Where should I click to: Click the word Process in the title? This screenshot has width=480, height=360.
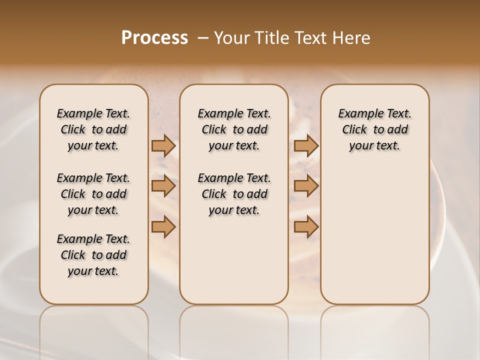pyautogui.click(x=154, y=38)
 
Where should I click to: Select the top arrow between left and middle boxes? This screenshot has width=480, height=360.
pyautogui.click(x=163, y=146)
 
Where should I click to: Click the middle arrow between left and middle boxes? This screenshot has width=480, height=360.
pyautogui.click(x=163, y=186)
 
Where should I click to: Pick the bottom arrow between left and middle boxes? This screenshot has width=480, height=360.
pyautogui.click(x=163, y=227)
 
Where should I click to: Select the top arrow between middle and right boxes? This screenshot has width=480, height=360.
pyautogui.click(x=306, y=146)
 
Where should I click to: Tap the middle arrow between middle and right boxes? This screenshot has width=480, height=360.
pyautogui.click(x=306, y=186)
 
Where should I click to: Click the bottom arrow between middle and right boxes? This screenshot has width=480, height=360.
pyautogui.click(x=306, y=227)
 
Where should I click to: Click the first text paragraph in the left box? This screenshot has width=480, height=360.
pyautogui.click(x=93, y=129)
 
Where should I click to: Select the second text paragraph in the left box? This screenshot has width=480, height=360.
pyautogui.click(x=93, y=194)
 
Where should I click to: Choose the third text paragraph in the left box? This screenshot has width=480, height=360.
pyautogui.click(x=93, y=255)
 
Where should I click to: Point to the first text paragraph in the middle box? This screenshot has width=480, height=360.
pyautogui.click(x=234, y=129)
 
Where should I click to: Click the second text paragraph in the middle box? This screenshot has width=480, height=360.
pyautogui.click(x=234, y=194)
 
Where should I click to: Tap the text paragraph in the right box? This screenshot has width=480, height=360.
pyautogui.click(x=374, y=129)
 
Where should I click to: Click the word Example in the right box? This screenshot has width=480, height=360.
pyautogui.click(x=359, y=114)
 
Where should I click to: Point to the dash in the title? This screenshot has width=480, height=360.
pyautogui.click(x=203, y=38)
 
